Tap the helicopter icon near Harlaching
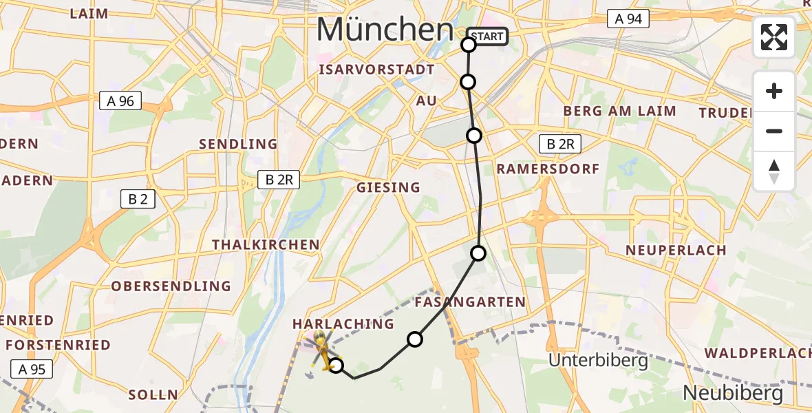coord(322,348)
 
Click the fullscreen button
coord(774,37)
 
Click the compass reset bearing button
coord(774,171)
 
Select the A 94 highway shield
coord(628,19)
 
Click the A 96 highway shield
coord(120,101)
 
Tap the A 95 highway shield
coord(32,369)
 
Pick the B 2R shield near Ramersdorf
coord(561,144)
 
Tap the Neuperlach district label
coord(676,251)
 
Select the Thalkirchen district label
coord(266,245)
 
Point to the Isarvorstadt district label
coord(376,70)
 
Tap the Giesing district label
coord(388,187)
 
